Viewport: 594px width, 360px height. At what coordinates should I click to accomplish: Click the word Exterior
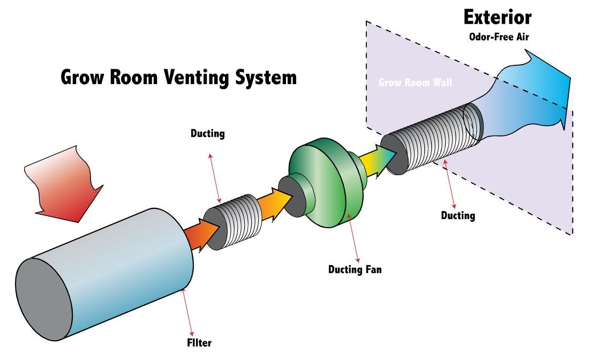tap(497, 18)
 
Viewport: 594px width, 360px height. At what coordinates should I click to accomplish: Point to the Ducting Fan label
tap(355, 269)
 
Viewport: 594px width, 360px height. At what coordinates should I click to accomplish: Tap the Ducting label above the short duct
tap(207, 133)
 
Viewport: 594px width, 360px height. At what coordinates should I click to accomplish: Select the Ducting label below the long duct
tap(458, 215)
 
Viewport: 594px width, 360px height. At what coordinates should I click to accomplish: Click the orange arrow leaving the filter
tap(201, 234)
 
